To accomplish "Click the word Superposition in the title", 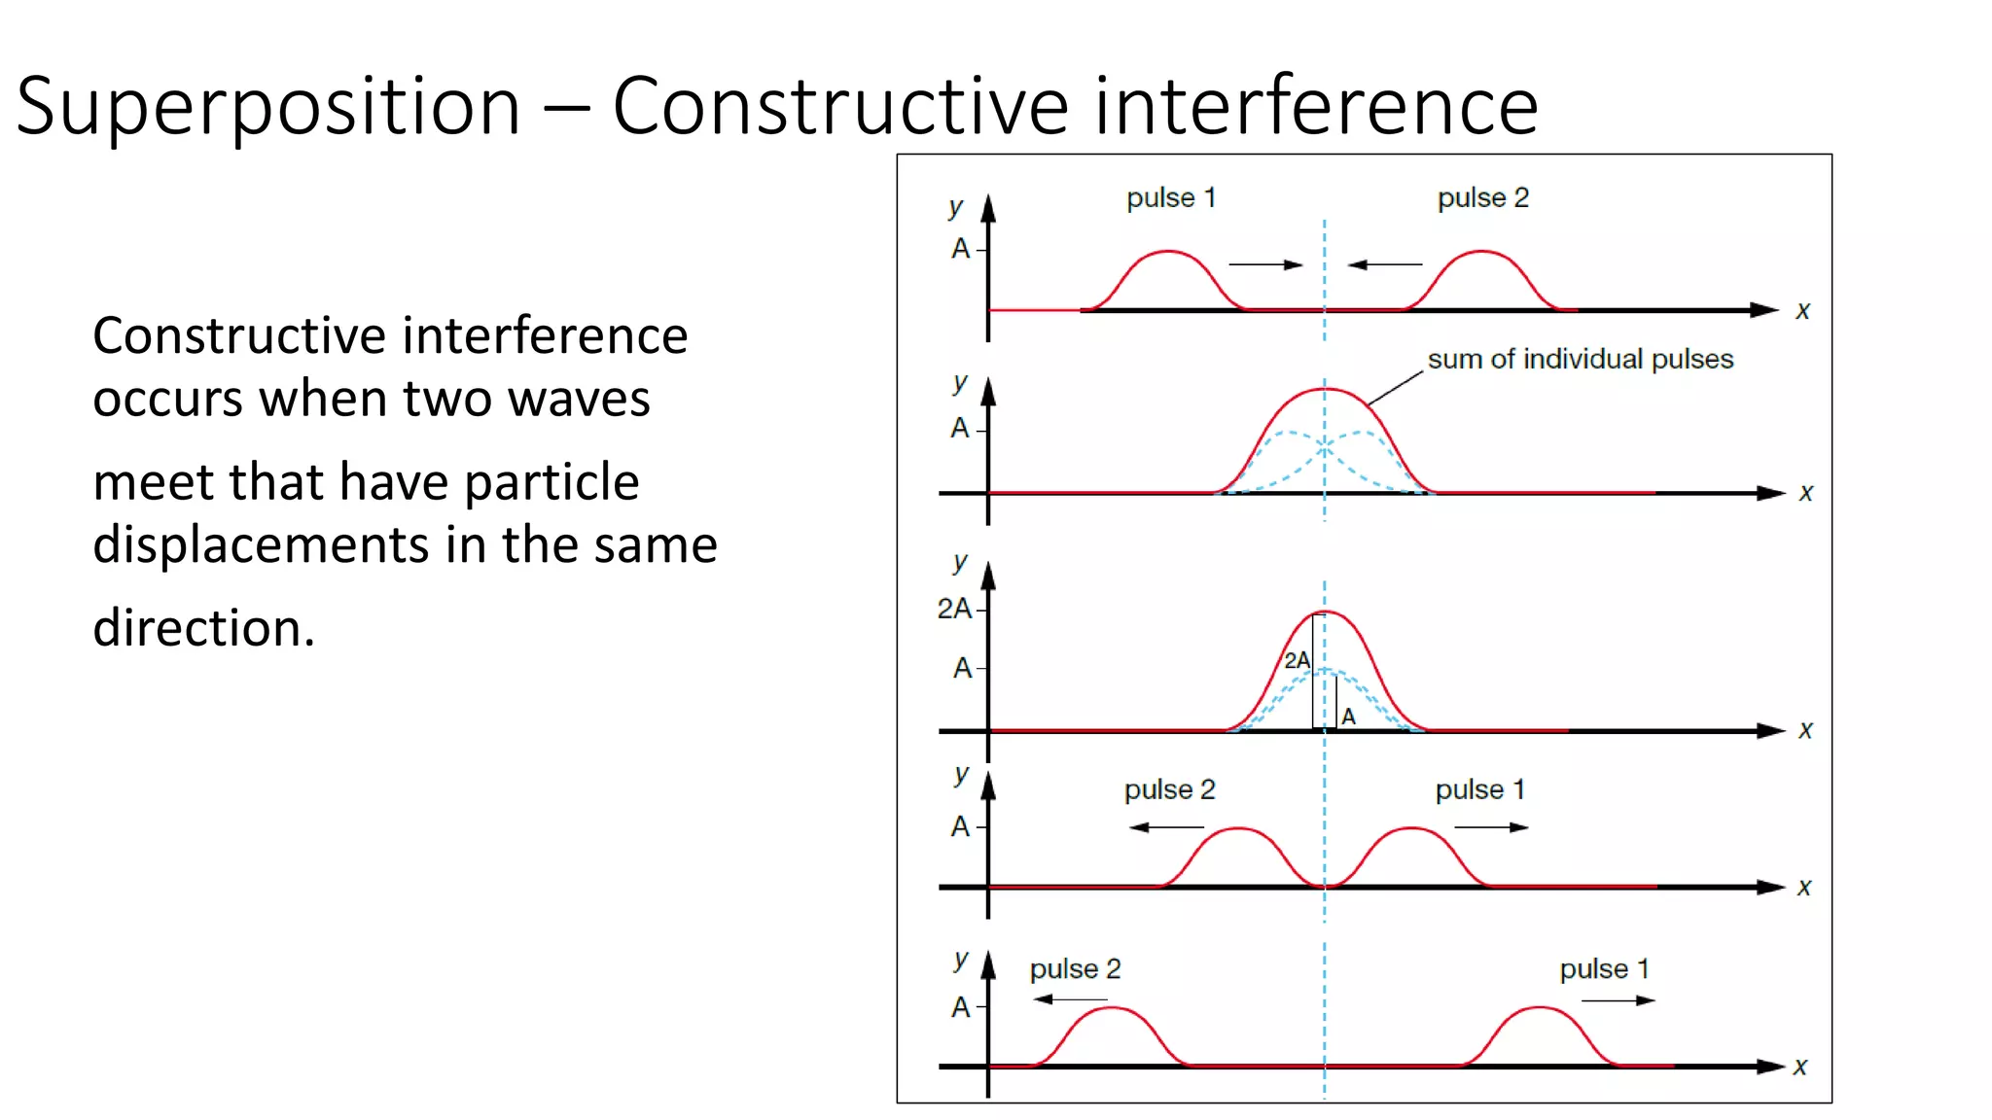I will (268, 107).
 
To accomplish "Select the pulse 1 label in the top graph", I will (1171, 198).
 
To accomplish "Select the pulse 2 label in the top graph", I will (1483, 198).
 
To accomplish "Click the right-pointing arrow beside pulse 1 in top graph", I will (1264, 264).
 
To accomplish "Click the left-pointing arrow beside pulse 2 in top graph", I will (1385, 264).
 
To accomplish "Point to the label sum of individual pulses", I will (1580, 360).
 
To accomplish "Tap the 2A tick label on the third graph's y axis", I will (954, 610).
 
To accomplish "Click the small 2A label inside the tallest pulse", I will (1297, 661).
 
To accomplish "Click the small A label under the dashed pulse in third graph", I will (1348, 717).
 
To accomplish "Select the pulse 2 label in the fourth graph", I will (1170, 790).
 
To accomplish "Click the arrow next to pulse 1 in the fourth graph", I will (1491, 827).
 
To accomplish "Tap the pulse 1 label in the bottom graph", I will (1604, 969).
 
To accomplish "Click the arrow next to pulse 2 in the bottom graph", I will (1070, 999).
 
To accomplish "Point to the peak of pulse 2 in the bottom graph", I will (1110, 1008).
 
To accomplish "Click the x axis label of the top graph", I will (1802, 311).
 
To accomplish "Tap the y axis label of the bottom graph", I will (961, 960).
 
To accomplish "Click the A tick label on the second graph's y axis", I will (960, 429).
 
